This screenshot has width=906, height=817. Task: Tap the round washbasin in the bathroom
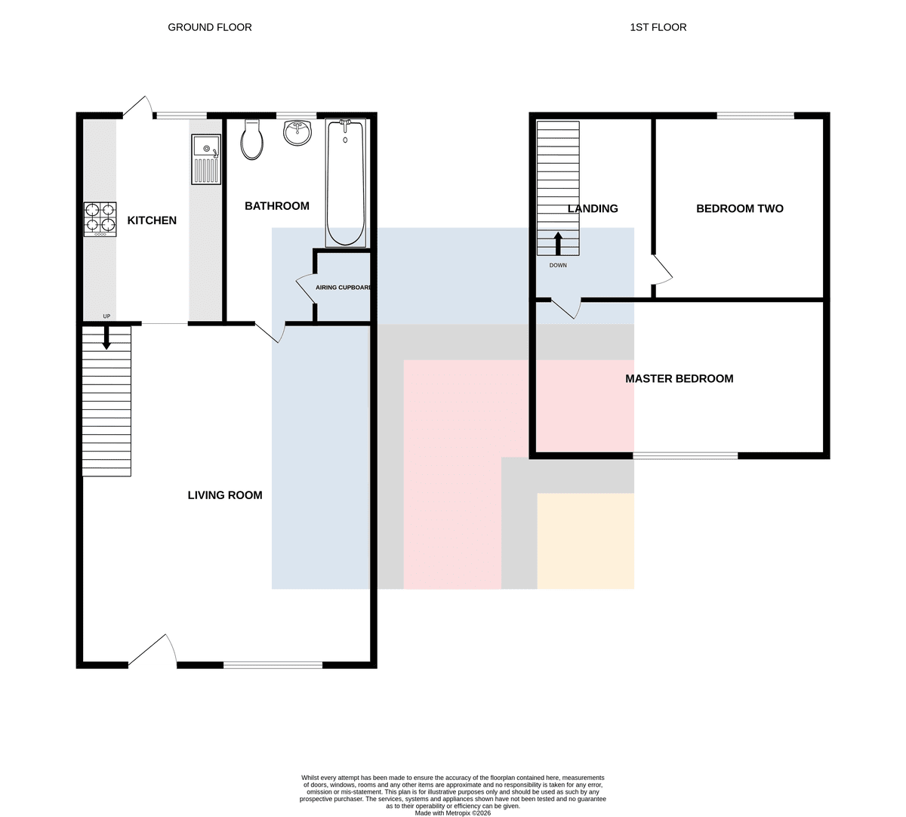pos(297,133)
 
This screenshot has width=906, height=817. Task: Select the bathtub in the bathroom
pos(346,183)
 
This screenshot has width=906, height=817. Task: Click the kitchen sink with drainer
pos(206,159)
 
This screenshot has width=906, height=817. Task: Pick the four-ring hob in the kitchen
pos(100,219)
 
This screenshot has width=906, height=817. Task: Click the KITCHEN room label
pos(152,220)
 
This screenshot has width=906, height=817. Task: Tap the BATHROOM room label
pos(277,206)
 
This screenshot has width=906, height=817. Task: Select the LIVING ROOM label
pos(225,495)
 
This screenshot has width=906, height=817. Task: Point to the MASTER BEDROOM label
pos(679,379)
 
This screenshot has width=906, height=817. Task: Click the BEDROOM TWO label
pos(740,208)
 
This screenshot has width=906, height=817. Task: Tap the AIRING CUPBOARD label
pos(344,288)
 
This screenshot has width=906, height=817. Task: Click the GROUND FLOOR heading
pos(210,27)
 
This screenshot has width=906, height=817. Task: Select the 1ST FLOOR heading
pos(658,27)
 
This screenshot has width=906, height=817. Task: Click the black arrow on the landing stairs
pos(558,244)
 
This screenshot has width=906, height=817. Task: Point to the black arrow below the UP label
pos(106,337)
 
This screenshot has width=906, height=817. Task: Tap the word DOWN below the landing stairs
pos(558,265)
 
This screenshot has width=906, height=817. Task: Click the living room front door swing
pos(153,650)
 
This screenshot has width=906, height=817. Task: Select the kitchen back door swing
pos(137,107)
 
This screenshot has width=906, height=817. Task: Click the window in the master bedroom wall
pos(685,455)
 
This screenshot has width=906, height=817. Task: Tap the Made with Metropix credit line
pos(452,813)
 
